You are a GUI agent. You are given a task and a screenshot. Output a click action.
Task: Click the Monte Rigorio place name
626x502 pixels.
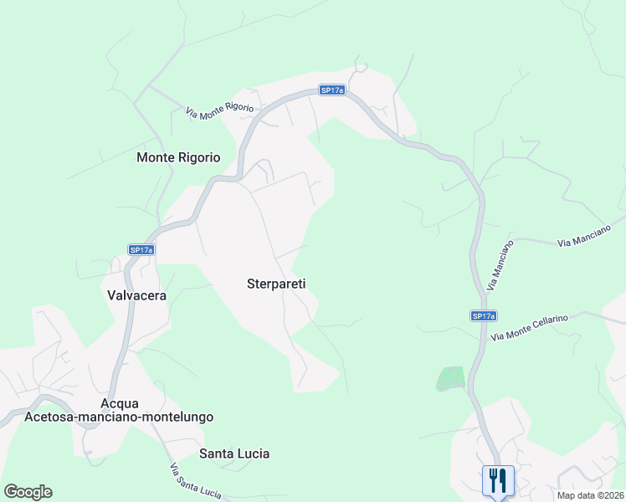pos(178,157)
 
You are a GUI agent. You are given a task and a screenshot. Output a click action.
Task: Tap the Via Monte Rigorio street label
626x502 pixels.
pos(219,110)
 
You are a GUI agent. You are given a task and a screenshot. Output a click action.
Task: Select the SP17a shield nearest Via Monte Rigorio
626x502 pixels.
pos(332,90)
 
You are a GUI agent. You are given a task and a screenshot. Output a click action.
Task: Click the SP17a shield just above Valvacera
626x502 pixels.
pos(141,249)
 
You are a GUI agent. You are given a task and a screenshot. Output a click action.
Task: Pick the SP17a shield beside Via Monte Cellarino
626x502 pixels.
pos(483,315)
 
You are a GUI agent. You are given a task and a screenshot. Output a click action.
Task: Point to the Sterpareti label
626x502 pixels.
pos(276,284)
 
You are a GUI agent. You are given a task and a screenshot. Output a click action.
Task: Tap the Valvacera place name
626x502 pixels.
pos(137,295)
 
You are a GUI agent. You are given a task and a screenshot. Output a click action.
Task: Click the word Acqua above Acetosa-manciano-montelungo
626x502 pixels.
pos(120,403)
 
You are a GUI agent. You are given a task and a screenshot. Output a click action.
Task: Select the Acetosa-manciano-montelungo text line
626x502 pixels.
pos(120,417)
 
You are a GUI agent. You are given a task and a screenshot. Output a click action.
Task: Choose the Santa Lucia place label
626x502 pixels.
pos(234,453)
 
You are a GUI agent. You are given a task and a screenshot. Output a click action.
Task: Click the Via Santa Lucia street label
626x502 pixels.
pos(194,481)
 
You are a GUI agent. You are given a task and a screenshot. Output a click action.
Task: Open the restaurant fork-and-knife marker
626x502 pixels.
pos(498,480)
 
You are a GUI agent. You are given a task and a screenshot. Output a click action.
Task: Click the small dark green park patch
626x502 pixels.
pos(450,379)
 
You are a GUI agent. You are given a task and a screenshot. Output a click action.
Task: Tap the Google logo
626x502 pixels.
pos(28,492)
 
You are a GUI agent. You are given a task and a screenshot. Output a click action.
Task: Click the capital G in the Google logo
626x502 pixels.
pos(11,491)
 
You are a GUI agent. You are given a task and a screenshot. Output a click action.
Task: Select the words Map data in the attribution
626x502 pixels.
pos(575,495)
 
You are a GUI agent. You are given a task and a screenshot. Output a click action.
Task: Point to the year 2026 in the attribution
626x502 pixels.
pos(612,495)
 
